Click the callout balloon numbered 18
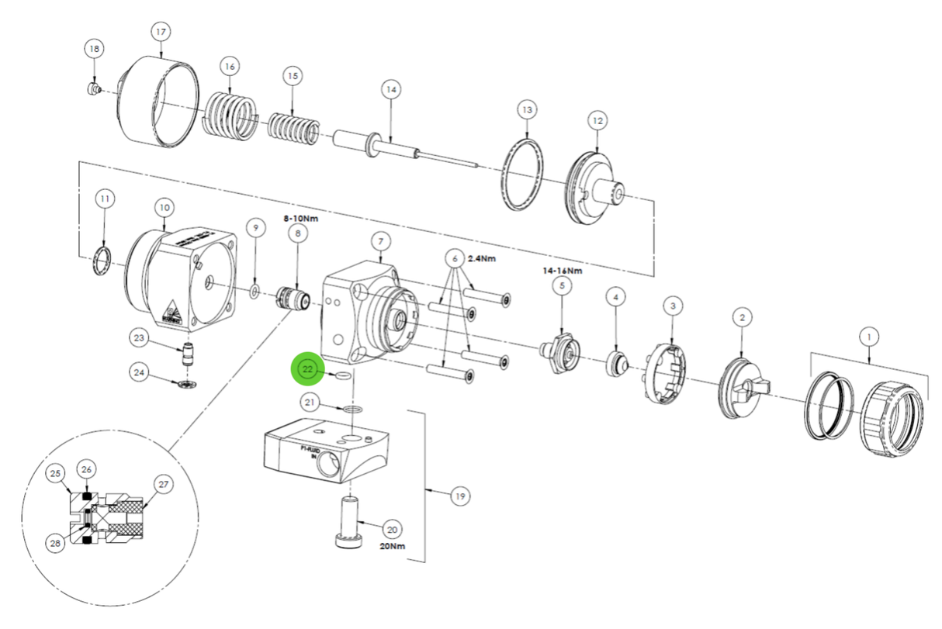(95, 49)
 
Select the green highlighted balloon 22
(308, 370)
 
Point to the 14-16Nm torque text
(562, 271)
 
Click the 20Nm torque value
(392, 545)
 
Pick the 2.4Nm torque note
(482, 258)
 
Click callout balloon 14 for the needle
(390, 90)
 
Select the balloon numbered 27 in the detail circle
(163, 484)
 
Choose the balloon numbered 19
(460, 496)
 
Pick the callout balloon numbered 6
(455, 258)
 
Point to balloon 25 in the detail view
(55, 473)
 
